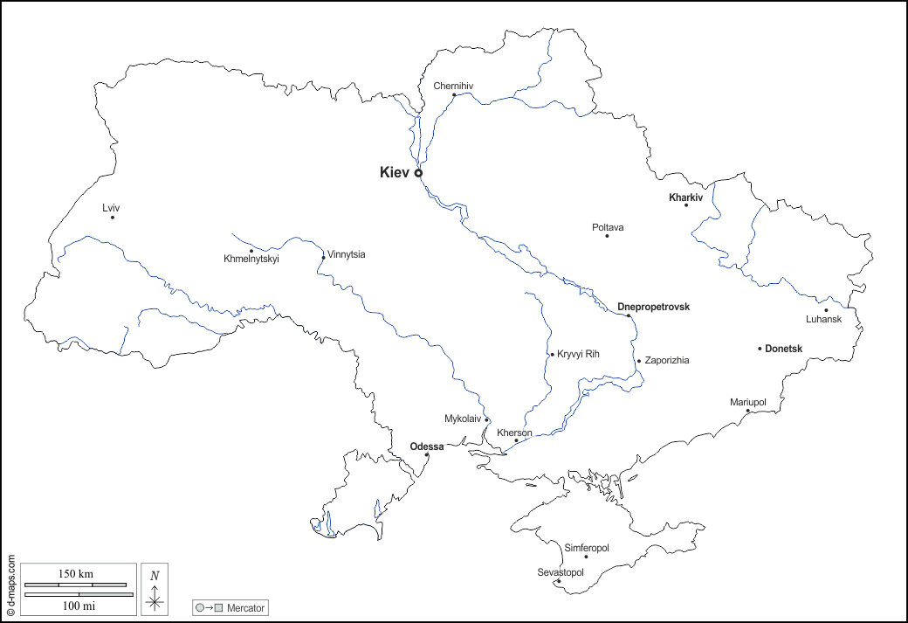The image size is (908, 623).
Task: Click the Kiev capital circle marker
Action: coord(418,173)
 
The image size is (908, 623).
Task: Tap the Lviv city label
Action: coord(111,207)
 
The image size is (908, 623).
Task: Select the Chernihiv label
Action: coord(453,86)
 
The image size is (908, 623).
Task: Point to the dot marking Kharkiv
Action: coord(686,204)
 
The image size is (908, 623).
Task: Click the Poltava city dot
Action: coord(607,236)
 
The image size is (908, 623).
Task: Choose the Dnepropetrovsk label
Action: coord(653,307)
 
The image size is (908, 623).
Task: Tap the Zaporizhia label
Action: coord(667,360)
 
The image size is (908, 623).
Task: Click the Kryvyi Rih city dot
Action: coord(552,355)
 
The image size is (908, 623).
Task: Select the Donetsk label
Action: coord(783,349)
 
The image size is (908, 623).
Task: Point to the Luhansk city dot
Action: coord(826,310)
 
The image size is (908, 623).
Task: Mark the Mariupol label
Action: coord(747,402)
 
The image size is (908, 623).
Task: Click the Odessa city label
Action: coord(427,446)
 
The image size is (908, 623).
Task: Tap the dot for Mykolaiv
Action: coord(486,419)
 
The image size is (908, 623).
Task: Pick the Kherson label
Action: coord(514,433)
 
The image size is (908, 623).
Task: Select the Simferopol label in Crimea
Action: coord(587,548)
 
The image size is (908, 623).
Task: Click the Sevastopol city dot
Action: coord(558,581)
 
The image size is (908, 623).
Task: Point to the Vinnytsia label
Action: coord(347,254)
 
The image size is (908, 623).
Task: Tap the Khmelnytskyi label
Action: coord(251,259)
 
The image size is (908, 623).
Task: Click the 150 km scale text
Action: coord(76,574)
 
